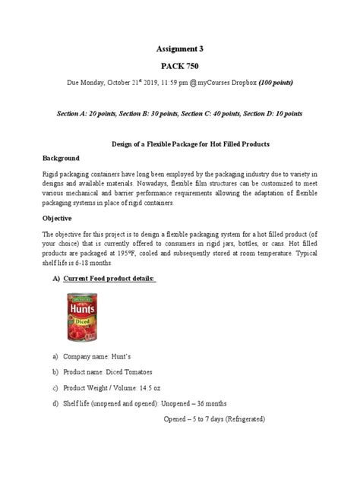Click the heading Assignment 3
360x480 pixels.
coord(180,48)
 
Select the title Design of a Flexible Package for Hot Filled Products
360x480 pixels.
coord(180,144)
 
